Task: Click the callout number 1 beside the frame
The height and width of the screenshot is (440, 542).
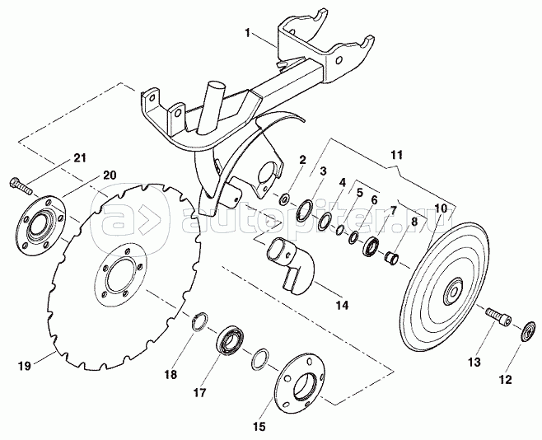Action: pyautogui.click(x=247, y=33)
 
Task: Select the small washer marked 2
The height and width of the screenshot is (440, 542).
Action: pyautogui.click(x=285, y=199)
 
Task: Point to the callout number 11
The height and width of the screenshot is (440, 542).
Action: pyautogui.click(x=397, y=155)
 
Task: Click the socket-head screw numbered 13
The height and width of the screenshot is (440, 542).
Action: pyautogui.click(x=499, y=316)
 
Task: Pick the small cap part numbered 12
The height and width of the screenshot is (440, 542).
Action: pyautogui.click(x=529, y=331)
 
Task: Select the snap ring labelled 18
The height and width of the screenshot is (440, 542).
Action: pyautogui.click(x=200, y=322)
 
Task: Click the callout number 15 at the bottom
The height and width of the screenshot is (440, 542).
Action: pyautogui.click(x=259, y=427)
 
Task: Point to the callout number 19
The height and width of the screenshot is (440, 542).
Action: pyautogui.click(x=25, y=366)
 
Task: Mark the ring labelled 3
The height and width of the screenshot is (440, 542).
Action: pyautogui.click(x=305, y=211)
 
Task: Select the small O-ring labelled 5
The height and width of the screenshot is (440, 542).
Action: pyautogui.click(x=340, y=230)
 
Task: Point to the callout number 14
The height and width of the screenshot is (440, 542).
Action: pyautogui.click(x=342, y=305)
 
